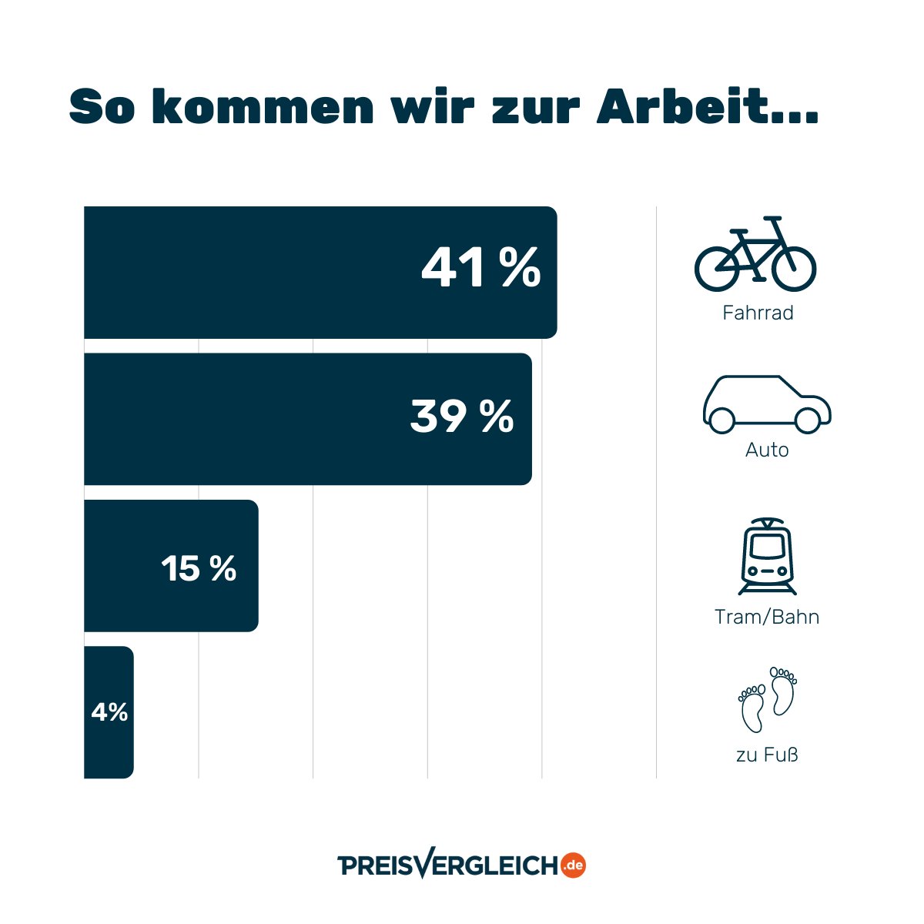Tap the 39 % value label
coord(462,417)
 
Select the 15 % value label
coord(199,569)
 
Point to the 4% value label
coord(109,712)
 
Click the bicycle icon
coord(755,254)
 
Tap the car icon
coord(767,404)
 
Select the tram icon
coord(767,556)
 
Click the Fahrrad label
coord(758,313)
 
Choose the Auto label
coord(767,450)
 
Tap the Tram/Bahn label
coord(767,617)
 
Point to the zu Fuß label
coord(767,755)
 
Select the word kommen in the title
coord(262,107)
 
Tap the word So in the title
coord(102,107)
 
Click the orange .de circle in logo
coord(573,865)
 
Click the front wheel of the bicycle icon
coord(794,268)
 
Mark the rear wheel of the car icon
coord(721,420)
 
